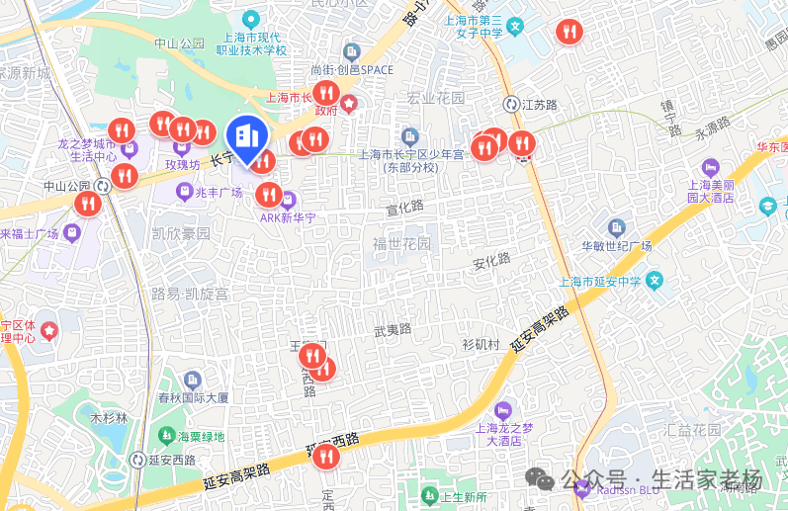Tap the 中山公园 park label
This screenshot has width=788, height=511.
coord(179,43)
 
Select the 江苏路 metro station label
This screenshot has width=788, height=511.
coord(541,104)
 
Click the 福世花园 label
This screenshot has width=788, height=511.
coord(401,244)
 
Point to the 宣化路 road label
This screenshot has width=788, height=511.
coord(404,207)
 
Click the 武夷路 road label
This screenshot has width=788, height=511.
coord(393,329)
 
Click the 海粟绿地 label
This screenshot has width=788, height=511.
coord(202,436)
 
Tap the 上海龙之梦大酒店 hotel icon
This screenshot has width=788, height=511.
coord(503,409)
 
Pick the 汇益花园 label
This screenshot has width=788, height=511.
coord(693,430)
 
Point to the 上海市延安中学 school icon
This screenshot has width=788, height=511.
coord(654,282)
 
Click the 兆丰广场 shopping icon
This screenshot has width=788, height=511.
coord(184,192)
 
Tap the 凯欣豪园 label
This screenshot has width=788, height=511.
coord(181,234)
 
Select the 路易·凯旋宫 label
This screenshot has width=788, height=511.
coord(189,295)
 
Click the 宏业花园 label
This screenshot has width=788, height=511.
coord(435,99)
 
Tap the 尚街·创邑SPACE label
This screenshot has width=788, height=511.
coord(351,70)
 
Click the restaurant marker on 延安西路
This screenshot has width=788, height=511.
coord(324,456)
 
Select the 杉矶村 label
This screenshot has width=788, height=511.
coord(481,344)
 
